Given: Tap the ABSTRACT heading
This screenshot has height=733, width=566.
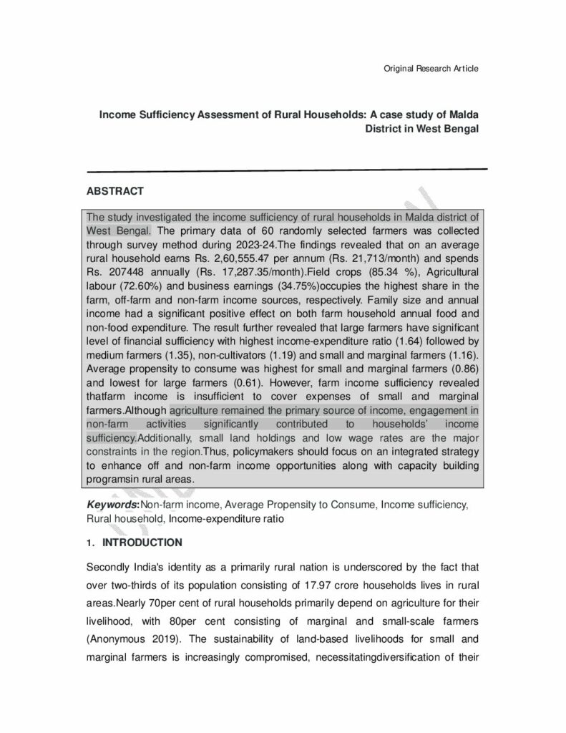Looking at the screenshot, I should tap(115, 191).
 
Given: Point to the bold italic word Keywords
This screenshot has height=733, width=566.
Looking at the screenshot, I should tap(109, 505).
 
